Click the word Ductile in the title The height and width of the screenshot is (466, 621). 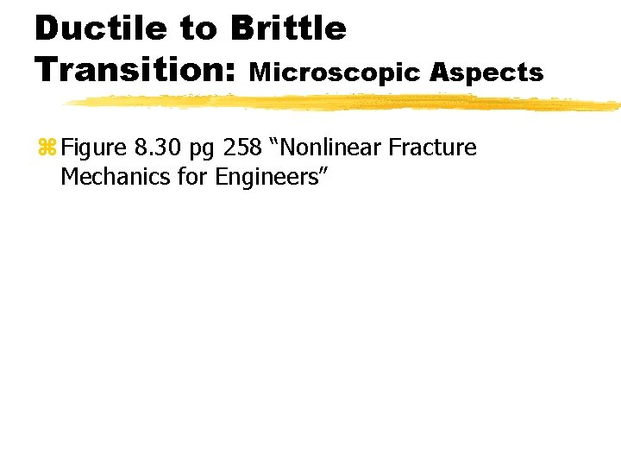coord(100,28)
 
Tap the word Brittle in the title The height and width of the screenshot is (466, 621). coord(288,28)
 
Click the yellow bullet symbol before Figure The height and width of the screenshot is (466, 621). coord(47,148)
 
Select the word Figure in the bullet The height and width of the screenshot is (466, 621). coord(94,148)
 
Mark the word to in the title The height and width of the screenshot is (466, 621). coord(198,29)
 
